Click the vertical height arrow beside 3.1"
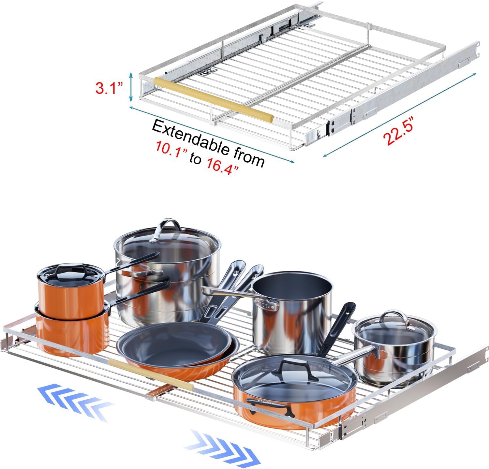(x=131, y=87)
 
